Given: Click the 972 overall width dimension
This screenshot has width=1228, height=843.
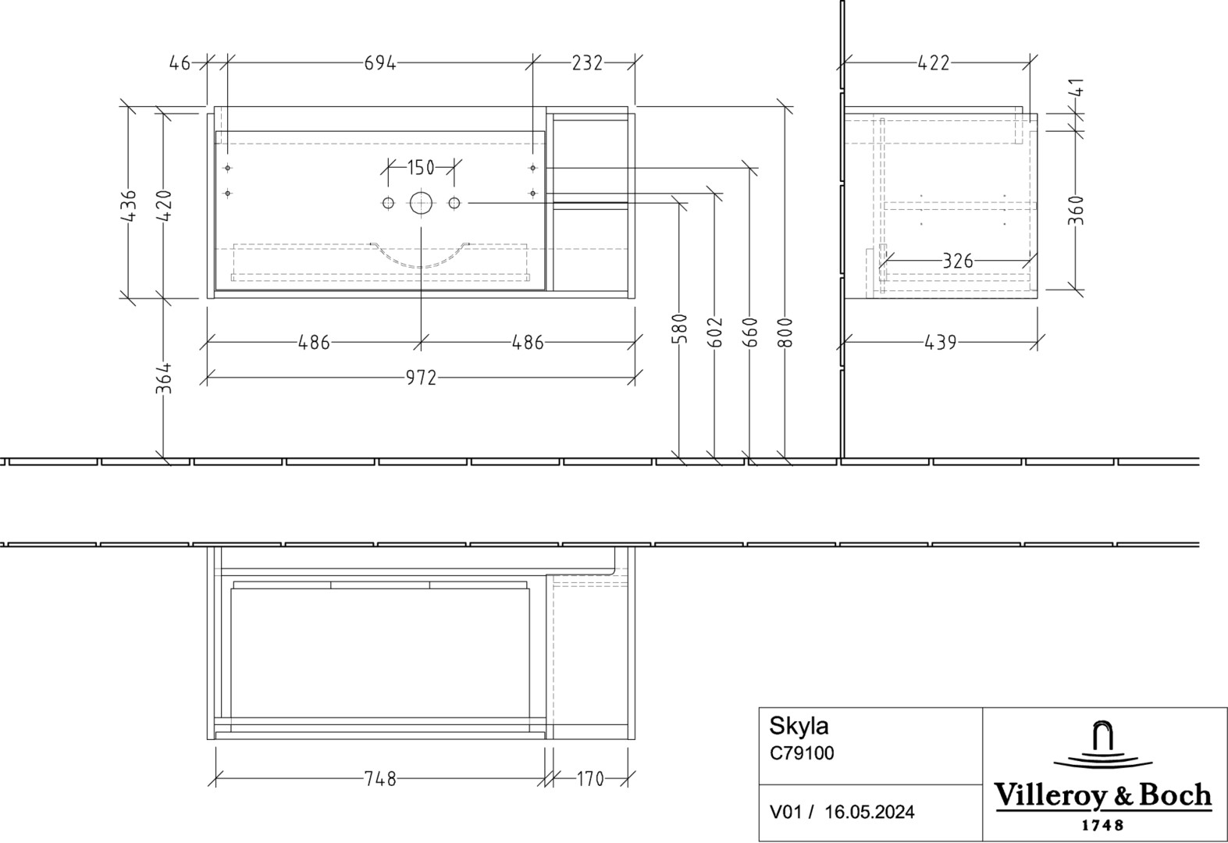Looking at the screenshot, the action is tap(421, 378).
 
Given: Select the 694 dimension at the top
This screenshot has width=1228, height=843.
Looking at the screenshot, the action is tap(380, 63).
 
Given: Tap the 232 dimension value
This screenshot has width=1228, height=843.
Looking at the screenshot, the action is tap(587, 63).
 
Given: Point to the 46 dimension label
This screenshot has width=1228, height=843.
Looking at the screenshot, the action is tap(180, 63).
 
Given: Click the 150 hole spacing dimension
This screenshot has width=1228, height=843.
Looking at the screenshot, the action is tap(421, 168).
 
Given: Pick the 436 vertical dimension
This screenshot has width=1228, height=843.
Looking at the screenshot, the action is tap(130, 206).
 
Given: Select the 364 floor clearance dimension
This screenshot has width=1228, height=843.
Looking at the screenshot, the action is tap(164, 379).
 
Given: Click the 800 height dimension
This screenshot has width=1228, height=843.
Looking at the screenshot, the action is tap(785, 333).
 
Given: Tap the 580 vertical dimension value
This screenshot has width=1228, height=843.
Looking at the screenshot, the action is tap(679, 329).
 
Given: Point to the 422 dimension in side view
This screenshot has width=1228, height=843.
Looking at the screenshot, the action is tap(934, 63).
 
